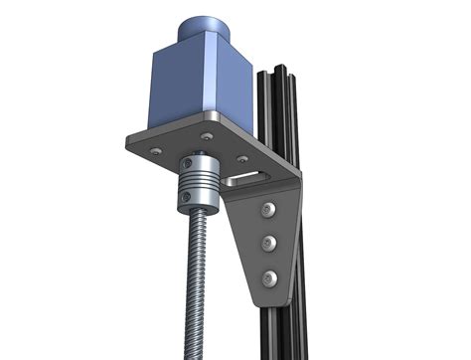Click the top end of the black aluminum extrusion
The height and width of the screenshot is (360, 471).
[276, 73]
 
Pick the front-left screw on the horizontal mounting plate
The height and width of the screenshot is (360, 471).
[155, 150]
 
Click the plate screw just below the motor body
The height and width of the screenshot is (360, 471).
[206, 136]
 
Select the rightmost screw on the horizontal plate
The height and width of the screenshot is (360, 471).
[241, 157]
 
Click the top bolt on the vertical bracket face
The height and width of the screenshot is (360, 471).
[268, 209]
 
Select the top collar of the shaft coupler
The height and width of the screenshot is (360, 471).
[197, 162]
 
